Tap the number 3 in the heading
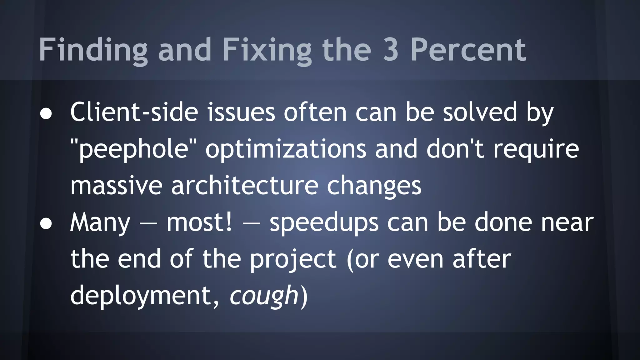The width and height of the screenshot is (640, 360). (x=390, y=50)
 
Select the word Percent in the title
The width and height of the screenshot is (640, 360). (x=468, y=50)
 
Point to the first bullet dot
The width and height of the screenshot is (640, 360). (x=46, y=114)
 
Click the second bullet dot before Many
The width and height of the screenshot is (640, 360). (x=46, y=224)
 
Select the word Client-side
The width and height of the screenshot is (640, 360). (x=134, y=112)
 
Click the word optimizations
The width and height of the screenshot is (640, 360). (x=286, y=149)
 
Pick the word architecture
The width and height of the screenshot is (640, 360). (x=245, y=186)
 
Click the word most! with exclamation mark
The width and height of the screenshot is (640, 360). (x=199, y=222)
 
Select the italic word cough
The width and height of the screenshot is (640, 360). (x=264, y=296)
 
